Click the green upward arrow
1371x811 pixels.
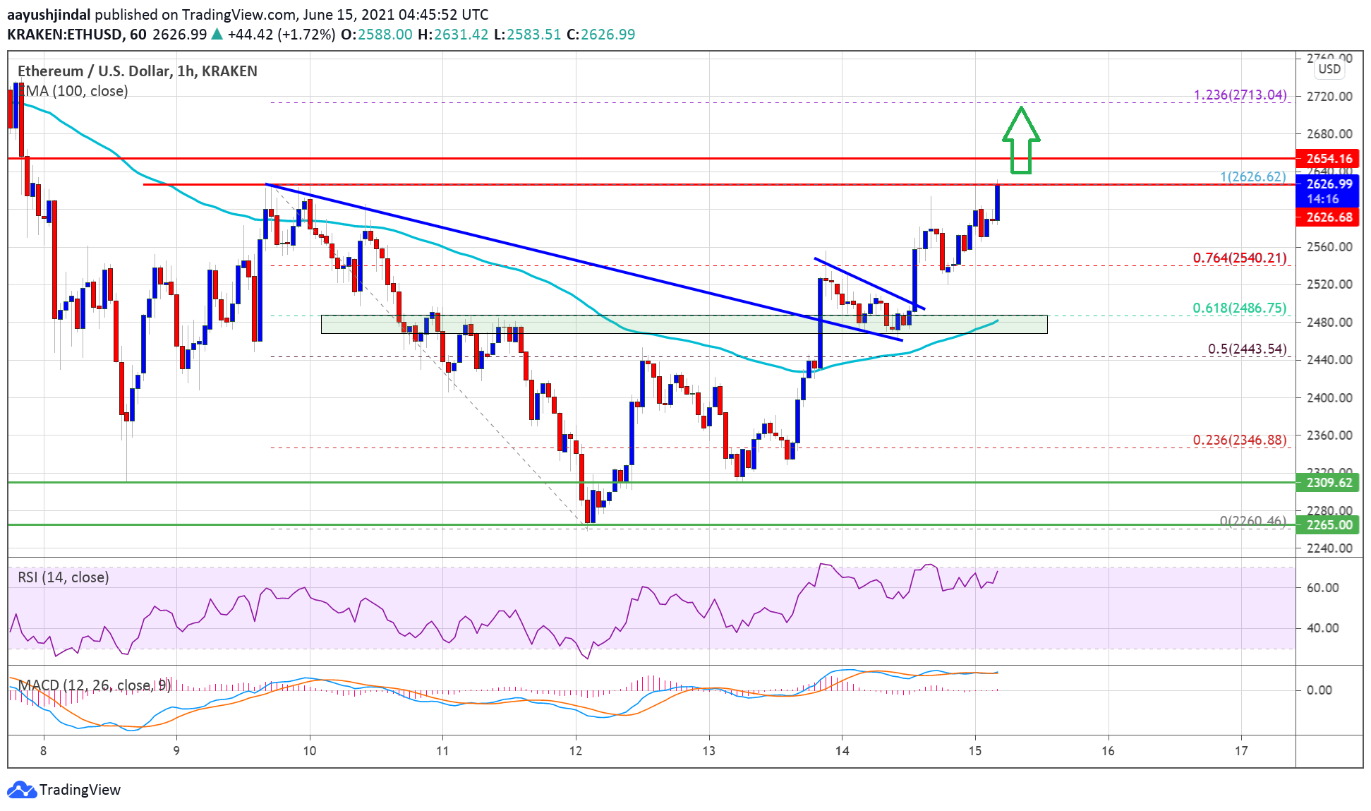[x=1020, y=140]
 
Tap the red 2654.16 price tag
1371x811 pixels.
[x=1329, y=159]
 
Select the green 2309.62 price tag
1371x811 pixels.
[x=1329, y=483]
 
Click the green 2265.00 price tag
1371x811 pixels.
[x=1329, y=525]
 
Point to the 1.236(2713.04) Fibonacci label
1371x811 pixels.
[x=1240, y=95]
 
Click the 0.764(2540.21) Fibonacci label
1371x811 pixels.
[x=1239, y=258]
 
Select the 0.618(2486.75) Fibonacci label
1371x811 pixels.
[x=1239, y=308]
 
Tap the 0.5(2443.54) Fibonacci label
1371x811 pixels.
[x=1247, y=349]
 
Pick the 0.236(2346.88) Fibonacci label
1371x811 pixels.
[x=1239, y=440]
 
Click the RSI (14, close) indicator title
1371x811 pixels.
[x=64, y=577]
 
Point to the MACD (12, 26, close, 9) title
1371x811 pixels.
[x=94, y=685]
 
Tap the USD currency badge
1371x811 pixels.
[x=1329, y=69]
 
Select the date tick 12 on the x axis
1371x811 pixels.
[x=576, y=751]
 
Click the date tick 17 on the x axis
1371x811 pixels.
[x=1241, y=751]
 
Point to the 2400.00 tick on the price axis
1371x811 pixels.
[x=1329, y=397]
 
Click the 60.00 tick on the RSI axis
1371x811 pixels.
[x=1322, y=587]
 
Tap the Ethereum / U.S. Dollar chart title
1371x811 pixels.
[x=137, y=71]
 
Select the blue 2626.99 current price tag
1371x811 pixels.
[x=1329, y=184]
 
